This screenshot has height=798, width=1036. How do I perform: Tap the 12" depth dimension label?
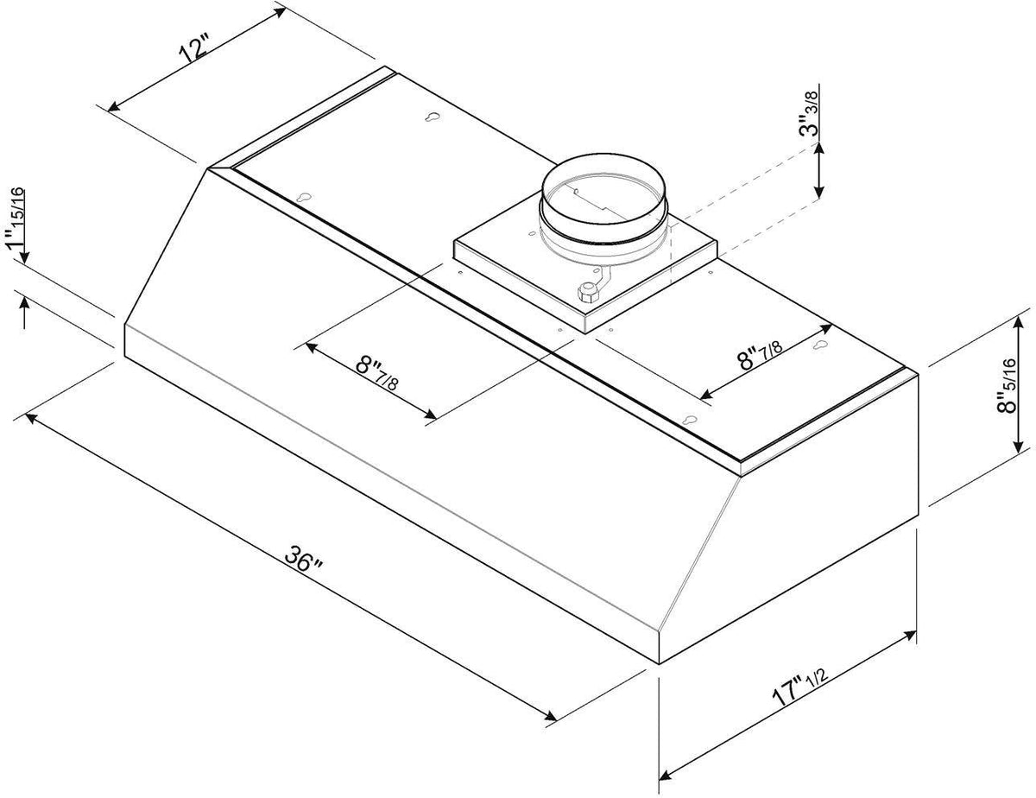[194, 48]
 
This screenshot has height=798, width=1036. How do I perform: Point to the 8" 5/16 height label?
[1006, 385]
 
